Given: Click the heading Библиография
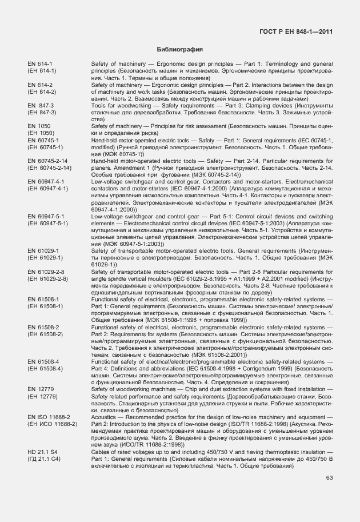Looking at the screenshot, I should [180, 50].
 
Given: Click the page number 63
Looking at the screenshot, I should [329, 478].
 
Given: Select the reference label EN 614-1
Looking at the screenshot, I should [39, 63].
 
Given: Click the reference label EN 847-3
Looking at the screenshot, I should [40, 106].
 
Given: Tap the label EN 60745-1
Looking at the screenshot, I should [43, 140].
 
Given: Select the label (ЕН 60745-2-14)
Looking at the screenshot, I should [49, 168].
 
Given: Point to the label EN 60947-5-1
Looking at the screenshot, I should [46, 217].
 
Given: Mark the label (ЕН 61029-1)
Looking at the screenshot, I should [44, 258].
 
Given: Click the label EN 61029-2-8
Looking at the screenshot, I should [46, 272].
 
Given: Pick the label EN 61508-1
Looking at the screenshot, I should [43, 300].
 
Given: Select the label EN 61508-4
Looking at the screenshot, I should [43, 362].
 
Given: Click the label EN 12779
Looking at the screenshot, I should [40, 389].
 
